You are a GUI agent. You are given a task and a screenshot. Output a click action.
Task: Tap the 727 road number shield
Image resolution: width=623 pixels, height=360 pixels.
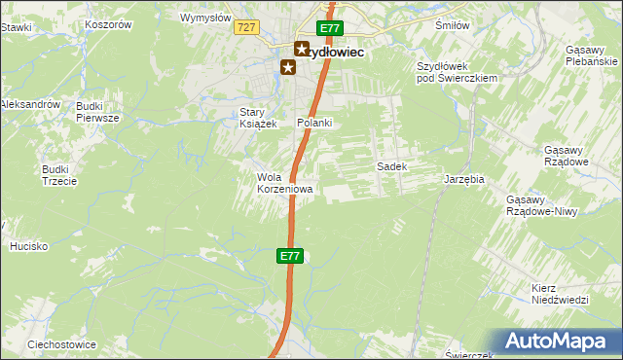point(245,29)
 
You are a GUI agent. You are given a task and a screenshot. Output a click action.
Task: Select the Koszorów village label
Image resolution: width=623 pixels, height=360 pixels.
point(108,24)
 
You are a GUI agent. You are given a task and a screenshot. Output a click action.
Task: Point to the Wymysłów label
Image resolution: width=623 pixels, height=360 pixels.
point(205,18)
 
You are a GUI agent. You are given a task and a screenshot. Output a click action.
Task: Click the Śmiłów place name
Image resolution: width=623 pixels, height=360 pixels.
point(452,26)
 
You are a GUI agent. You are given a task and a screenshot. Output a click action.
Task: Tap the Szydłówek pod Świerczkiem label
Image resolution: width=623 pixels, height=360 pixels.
point(457,71)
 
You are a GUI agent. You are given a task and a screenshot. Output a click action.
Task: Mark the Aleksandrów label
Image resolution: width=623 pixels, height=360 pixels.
point(31,103)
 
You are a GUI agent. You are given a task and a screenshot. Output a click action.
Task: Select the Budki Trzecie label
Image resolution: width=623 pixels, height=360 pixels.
point(55,174)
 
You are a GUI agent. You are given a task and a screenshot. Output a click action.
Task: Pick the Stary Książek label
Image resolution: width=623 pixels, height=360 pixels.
point(259,118)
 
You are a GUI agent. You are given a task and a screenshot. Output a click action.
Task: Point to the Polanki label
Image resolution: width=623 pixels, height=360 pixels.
point(314,123)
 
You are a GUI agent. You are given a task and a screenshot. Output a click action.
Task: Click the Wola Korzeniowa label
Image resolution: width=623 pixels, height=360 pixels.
point(284,183)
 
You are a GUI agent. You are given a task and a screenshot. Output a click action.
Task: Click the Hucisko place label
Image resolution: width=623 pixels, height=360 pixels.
point(28,246)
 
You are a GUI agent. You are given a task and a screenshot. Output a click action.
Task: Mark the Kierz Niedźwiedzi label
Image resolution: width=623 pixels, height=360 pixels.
point(560,294)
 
